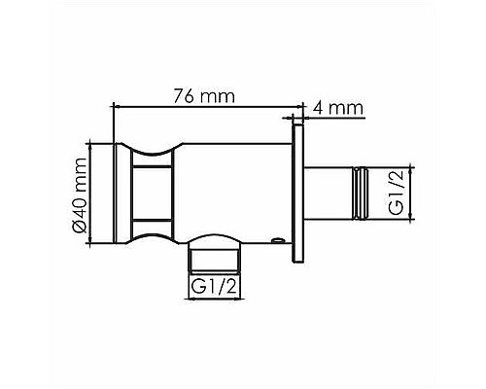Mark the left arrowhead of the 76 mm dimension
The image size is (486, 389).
click(x=118, y=104)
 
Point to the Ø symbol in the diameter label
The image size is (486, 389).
click(x=82, y=227)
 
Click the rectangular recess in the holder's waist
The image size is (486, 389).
click(x=154, y=193)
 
